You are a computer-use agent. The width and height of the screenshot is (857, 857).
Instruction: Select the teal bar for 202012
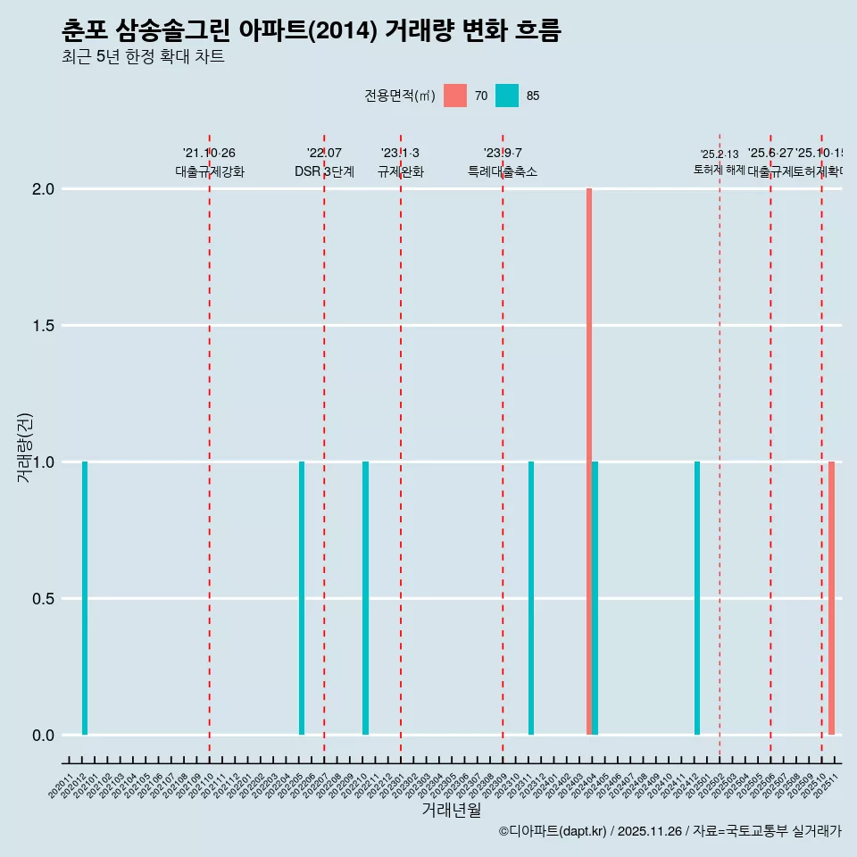coord(85,598)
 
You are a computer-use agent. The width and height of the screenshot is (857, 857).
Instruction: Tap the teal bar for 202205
coord(302,598)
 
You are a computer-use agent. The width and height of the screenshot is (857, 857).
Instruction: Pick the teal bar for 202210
coord(365,598)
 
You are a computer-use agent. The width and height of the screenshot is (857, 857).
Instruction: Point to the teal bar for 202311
coord(531,598)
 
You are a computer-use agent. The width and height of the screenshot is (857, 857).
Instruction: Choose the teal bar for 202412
coord(697,598)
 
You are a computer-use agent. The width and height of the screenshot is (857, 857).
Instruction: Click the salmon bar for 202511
coord(831,598)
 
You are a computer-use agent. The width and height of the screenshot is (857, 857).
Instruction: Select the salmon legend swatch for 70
coord(455,96)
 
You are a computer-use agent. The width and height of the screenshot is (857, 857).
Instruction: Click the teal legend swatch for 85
coord(507,96)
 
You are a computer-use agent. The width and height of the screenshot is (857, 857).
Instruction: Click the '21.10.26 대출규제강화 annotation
coord(209,162)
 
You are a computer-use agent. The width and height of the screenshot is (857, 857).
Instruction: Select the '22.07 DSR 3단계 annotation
coord(324,162)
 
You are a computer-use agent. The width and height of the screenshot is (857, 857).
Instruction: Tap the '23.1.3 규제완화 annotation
coord(400,162)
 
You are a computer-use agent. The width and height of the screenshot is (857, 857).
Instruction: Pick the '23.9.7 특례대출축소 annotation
coord(503,162)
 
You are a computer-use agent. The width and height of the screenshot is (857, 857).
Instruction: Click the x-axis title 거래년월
coord(451,811)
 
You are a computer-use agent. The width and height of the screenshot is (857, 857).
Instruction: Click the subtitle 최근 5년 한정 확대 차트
coord(143,57)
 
